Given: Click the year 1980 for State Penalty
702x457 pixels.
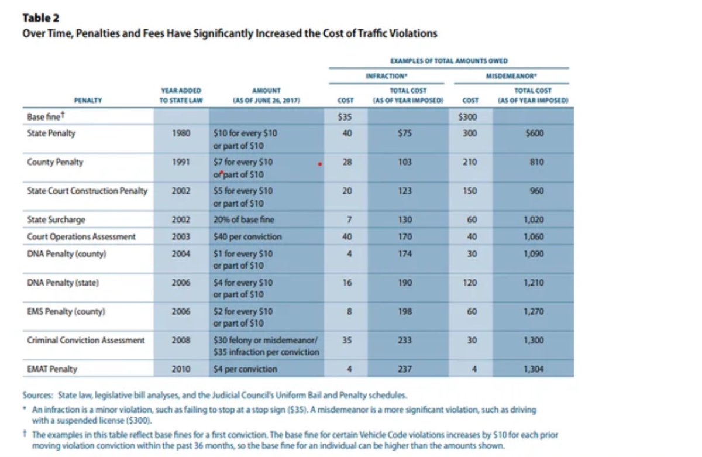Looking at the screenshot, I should pos(181,133).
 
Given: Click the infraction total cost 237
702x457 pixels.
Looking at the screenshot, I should pos(403,369).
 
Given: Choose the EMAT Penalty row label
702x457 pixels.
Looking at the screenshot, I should pos(52,369).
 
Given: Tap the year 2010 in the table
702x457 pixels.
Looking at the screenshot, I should pos(181,369).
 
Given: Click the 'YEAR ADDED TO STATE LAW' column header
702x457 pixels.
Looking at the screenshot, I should pos(181,95).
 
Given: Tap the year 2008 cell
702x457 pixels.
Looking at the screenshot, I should pos(181,340).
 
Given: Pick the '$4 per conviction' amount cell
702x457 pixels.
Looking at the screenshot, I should pos(245,369).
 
